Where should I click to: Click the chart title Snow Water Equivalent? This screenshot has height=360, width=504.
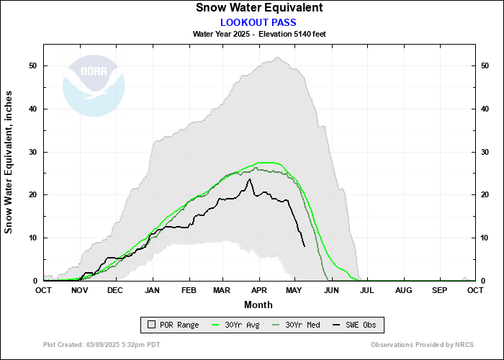pos(258,8)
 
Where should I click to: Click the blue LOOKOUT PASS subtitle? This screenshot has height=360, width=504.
pos(258,22)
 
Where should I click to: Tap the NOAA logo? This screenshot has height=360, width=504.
pos(94,86)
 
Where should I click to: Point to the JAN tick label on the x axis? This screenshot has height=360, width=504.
pos(152,290)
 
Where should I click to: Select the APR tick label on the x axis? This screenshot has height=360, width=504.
pos(258,290)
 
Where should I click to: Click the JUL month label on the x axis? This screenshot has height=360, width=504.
pos(367,290)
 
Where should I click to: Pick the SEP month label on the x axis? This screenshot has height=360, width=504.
pos(439,290)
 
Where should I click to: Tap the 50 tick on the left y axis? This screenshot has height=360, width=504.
pos(33,66)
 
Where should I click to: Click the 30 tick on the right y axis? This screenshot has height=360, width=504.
pos(485,152)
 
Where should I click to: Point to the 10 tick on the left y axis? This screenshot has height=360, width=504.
pos(33,238)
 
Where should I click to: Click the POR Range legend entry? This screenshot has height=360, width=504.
pos(172,325)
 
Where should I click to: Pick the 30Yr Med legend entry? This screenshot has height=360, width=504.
pos(297,325)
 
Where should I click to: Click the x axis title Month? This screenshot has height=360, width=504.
pos(258,305)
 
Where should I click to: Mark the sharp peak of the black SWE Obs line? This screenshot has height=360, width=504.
pos(249,179)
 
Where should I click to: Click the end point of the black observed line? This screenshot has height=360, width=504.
pos(305,246)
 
